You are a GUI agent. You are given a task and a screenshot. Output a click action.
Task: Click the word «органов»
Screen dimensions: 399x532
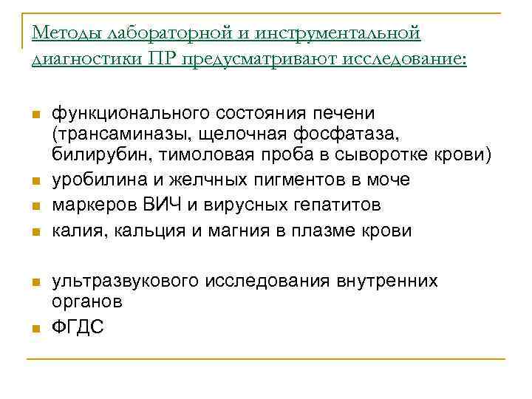tap(86, 302)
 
